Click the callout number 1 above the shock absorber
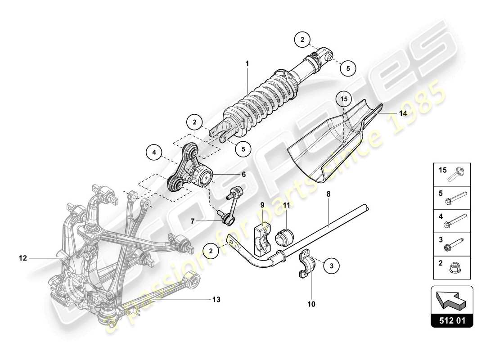pyautogui.click(x=247, y=64)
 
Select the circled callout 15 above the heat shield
pyautogui.click(x=344, y=99)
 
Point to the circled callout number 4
pyautogui.click(x=154, y=153)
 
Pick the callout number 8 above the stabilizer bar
pyautogui.click(x=328, y=194)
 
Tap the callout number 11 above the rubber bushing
pyautogui.click(x=286, y=205)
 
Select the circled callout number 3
pyautogui.click(x=331, y=266)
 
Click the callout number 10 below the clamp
pyautogui.click(x=311, y=304)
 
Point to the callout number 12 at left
pyautogui.click(x=23, y=258)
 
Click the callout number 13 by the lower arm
pyautogui.click(x=216, y=299)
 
